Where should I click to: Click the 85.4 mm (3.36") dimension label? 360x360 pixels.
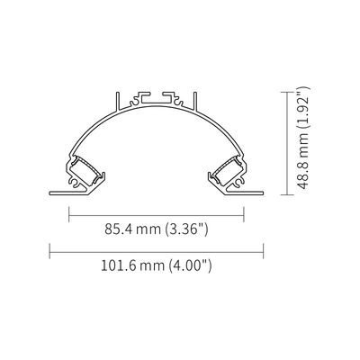click(x=157, y=229)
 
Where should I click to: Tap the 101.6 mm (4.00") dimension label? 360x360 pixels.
click(x=157, y=265)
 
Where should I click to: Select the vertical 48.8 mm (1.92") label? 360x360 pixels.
click(x=303, y=138)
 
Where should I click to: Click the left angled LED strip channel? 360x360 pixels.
click(x=85, y=170)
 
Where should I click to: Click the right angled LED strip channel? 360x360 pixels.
click(x=228, y=170)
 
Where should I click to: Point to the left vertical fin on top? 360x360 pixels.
click(x=118, y=102)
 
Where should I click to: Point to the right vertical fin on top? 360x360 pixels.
click(x=195, y=102)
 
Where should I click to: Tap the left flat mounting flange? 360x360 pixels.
click(x=69, y=193)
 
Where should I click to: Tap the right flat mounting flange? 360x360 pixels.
click(x=244, y=193)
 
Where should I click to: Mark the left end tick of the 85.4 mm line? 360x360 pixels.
click(x=69, y=215)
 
